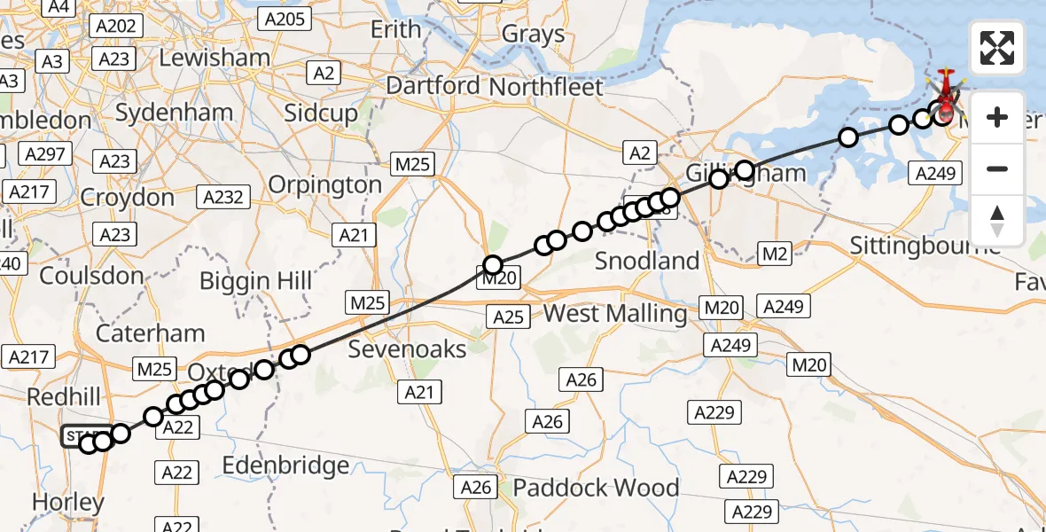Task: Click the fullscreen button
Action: click(997, 48)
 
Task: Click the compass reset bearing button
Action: click(997, 220)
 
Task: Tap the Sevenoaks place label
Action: click(407, 348)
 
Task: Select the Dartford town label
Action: click(433, 87)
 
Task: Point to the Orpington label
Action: click(324, 184)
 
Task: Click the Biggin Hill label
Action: click(255, 281)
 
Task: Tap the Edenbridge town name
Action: click(285, 465)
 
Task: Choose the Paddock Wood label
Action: click(596, 488)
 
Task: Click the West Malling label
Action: click(614, 313)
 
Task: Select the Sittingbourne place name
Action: click(925, 245)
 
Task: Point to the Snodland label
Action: click(647, 261)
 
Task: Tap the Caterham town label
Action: click(150, 333)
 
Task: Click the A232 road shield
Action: click(223, 196)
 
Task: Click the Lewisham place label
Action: click(215, 58)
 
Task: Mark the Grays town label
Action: click(533, 35)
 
